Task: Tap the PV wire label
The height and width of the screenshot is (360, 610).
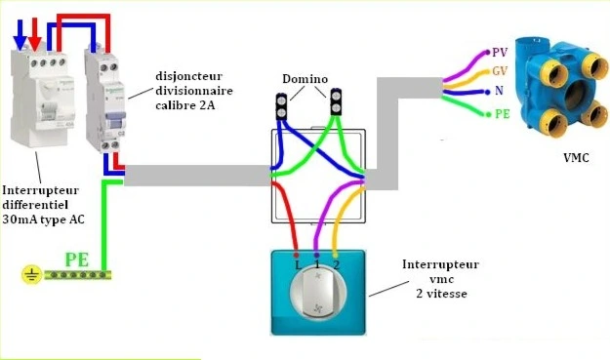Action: tap(500, 52)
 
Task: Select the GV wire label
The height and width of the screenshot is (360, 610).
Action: tap(500, 71)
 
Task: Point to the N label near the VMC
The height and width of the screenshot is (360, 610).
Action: tap(499, 92)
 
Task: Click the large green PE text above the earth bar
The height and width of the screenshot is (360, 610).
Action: tap(79, 260)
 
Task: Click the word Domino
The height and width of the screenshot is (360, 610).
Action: tap(305, 78)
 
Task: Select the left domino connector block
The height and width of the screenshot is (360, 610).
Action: tap(282, 104)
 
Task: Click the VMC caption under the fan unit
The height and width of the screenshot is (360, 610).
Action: tap(576, 156)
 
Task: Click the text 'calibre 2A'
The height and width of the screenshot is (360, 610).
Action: tap(186, 108)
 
